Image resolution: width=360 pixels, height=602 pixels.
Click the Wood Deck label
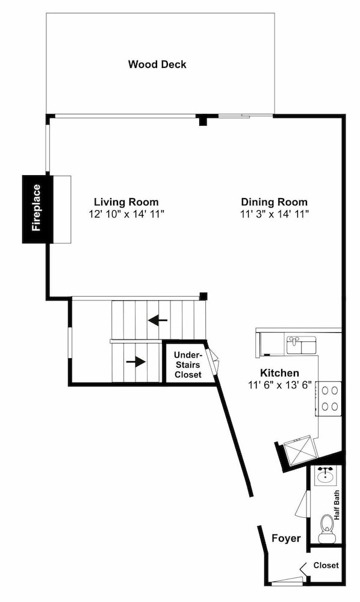click(157, 64)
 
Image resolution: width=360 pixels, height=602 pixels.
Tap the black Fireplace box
click(37, 209)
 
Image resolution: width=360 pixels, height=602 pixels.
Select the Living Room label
click(126, 202)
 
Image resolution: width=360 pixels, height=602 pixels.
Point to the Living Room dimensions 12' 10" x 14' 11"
click(126, 214)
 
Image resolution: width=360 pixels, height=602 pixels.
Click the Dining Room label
click(274, 202)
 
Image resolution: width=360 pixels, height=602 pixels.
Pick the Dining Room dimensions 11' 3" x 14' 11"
click(275, 214)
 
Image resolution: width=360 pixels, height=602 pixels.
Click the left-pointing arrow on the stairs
click(158, 320)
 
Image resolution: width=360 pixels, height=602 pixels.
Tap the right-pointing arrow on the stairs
click(136, 362)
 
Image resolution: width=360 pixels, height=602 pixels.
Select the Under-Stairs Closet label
click(188, 364)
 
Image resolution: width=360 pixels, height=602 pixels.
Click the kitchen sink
click(302, 345)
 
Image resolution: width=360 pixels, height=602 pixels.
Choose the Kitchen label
click(279, 373)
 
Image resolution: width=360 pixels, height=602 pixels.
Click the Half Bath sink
click(326, 476)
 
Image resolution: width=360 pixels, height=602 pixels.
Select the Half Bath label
click(337, 505)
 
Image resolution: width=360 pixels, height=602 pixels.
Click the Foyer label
click(286, 538)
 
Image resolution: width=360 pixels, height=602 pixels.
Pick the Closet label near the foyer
click(326, 565)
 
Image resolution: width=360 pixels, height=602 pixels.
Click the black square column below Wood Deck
click(203, 120)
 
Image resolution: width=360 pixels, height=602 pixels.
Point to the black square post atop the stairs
click(203, 296)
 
